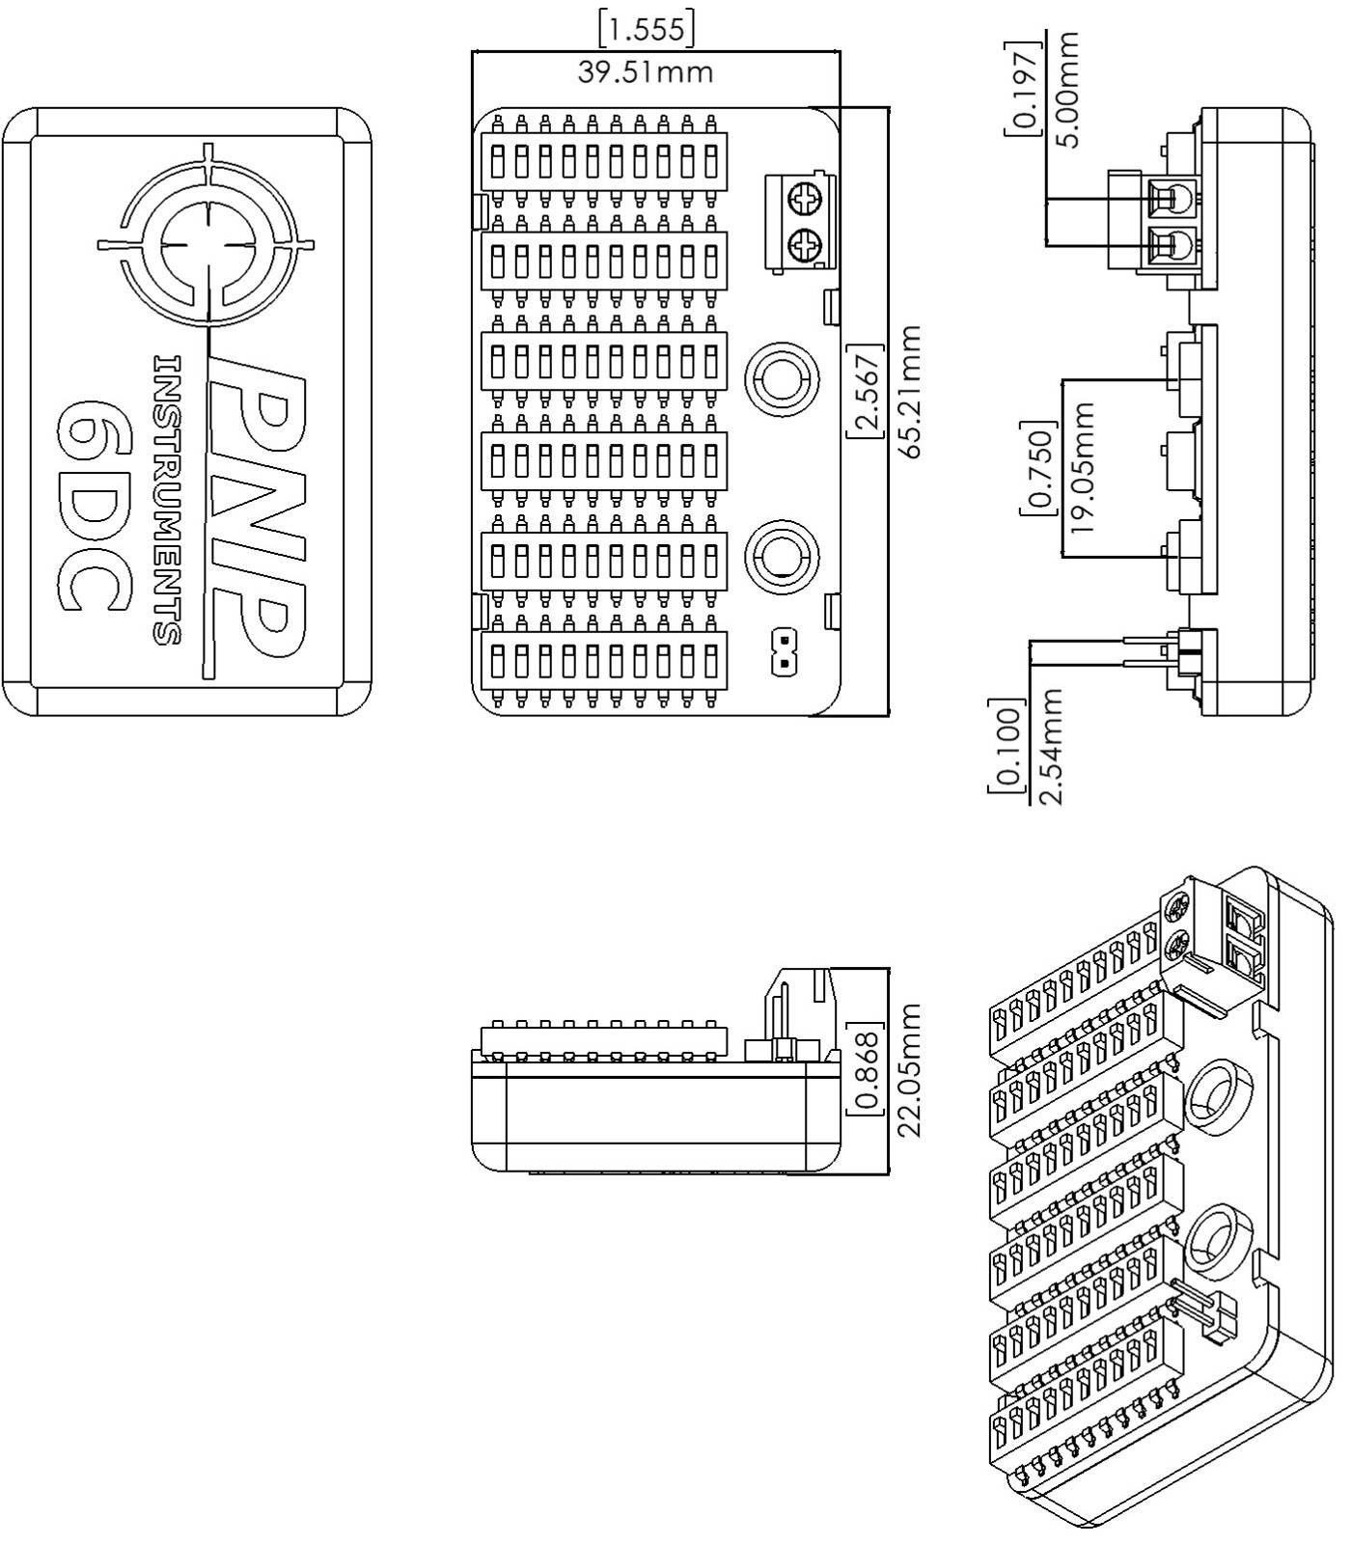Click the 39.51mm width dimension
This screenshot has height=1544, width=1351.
coord(645,72)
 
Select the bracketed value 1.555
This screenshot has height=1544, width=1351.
coord(646,29)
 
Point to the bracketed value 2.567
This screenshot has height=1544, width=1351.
coord(866,390)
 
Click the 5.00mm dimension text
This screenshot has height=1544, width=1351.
coord(1067,89)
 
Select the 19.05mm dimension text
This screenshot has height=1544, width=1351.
coord(1085,467)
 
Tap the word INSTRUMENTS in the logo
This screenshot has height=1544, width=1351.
coord(166,500)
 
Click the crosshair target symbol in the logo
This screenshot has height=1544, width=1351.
coord(207,241)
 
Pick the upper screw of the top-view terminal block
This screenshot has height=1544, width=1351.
coord(803,201)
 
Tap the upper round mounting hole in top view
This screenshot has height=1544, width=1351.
coord(783,378)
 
